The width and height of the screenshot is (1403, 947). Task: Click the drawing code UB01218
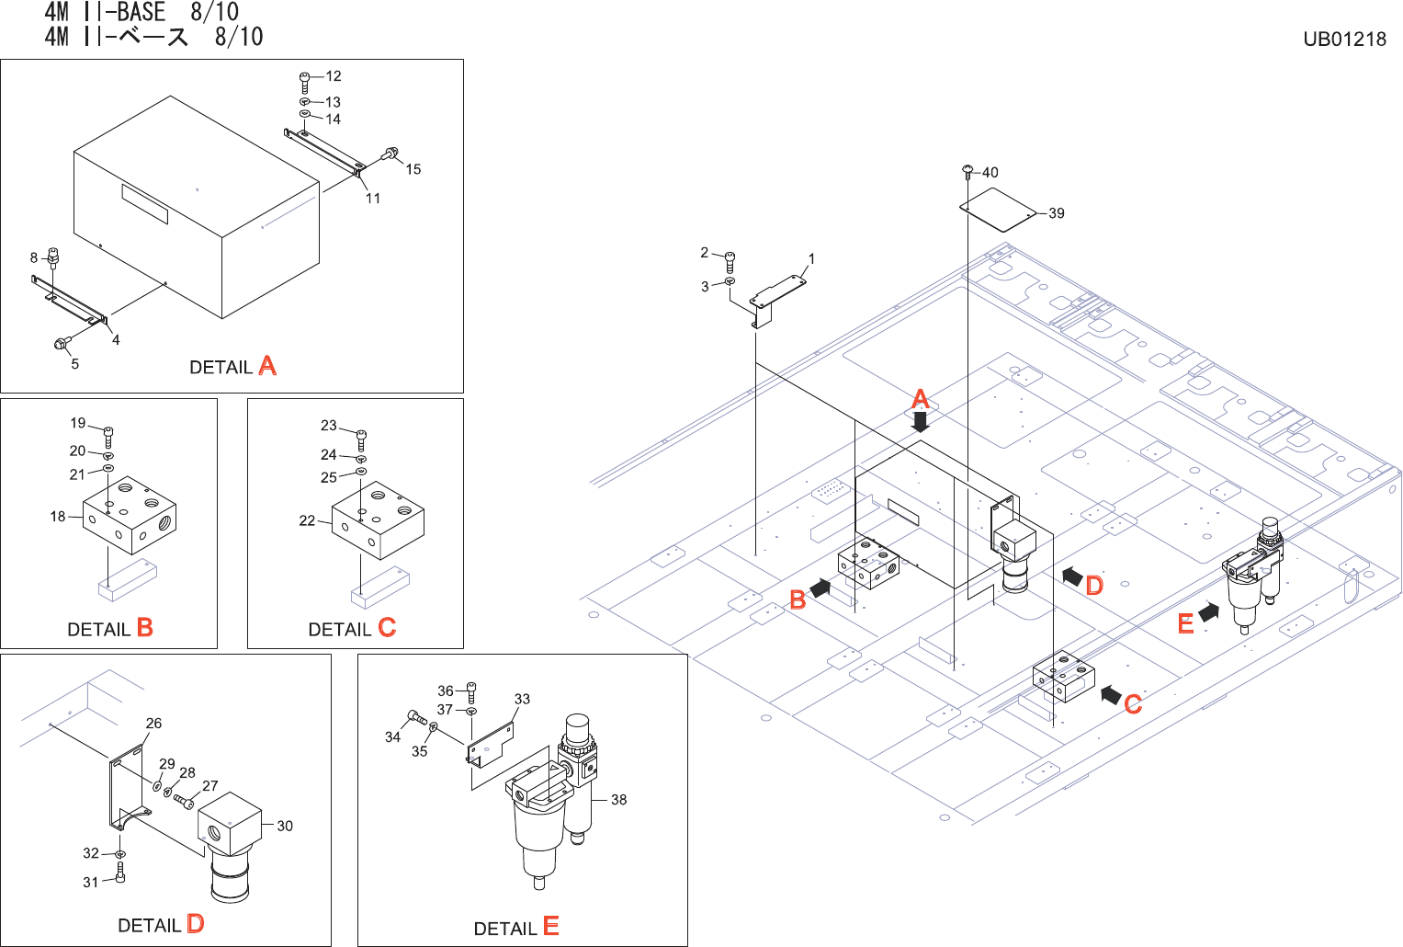tap(1344, 39)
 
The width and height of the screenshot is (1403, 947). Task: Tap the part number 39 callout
tap(1057, 213)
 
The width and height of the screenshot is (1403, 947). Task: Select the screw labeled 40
tap(967, 170)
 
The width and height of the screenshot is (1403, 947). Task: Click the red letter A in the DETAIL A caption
tap(267, 366)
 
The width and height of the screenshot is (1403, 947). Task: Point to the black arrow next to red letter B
tap(820, 588)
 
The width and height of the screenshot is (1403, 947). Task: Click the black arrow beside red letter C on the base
tap(1111, 694)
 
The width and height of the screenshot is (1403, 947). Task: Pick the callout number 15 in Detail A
tap(413, 169)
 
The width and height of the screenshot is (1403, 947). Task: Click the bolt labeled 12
tap(305, 80)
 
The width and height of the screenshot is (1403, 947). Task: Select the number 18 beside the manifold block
tap(58, 517)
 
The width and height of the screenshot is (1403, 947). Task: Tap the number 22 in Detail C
tap(307, 520)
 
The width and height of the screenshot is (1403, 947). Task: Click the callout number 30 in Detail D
tap(285, 826)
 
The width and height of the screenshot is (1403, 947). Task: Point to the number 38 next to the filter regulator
tap(619, 800)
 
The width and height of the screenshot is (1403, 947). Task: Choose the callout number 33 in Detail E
tap(522, 699)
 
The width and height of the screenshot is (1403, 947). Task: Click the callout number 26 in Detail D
tap(153, 724)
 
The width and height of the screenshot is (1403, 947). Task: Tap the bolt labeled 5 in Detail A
tap(62, 345)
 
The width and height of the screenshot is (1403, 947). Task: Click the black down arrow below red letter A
tap(920, 422)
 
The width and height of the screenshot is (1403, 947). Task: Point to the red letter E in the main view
tap(1185, 624)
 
